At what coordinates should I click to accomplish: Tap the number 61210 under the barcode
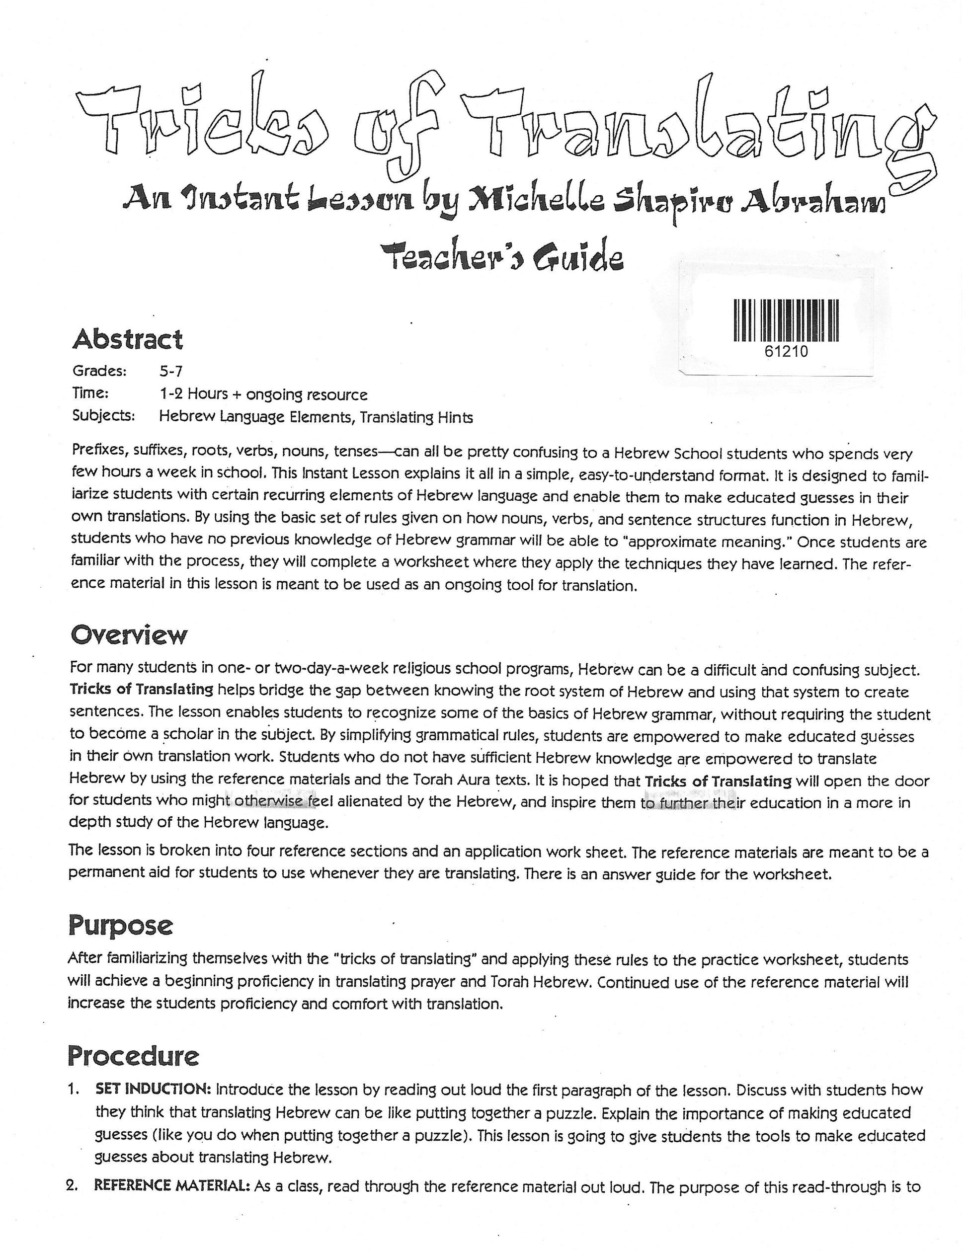(x=786, y=351)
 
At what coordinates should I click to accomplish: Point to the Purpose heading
(x=120, y=925)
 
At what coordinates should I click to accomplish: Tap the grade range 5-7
(x=171, y=372)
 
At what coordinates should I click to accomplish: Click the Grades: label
(x=99, y=371)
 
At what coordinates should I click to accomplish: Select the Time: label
(x=90, y=393)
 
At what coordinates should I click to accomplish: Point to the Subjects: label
(x=103, y=416)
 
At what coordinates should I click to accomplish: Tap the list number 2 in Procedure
(x=72, y=1187)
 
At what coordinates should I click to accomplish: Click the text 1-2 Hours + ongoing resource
(x=263, y=394)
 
